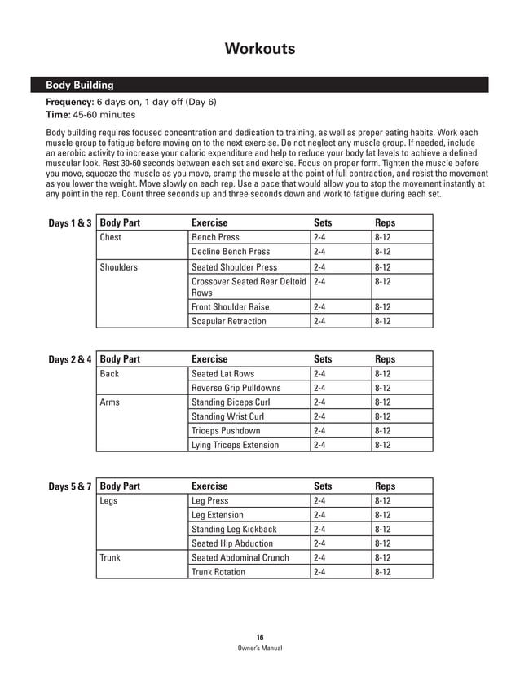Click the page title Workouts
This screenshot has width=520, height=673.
[x=259, y=50]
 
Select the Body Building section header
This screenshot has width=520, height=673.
[x=79, y=85]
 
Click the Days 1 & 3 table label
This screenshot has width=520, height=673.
[x=70, y=222]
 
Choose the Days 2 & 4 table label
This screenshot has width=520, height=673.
[x=70, y=358]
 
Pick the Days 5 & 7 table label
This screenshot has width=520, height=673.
[x=70, y=486]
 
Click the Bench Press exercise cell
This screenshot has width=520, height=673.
[x=215, y=237]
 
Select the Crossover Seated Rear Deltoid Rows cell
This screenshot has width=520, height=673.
[x=249, y=286]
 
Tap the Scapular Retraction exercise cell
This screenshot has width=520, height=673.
[x=228, y=321]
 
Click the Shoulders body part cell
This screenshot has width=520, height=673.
[x=119, y=267]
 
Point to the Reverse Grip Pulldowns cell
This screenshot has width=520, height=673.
[x=236, y=388]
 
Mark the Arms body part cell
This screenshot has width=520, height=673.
[x=110, y=402]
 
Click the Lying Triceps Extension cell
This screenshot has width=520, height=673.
[x=235, y=445]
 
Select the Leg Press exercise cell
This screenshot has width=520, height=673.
[x=209, y=501]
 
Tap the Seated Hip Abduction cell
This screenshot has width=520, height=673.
[x=231, y=543]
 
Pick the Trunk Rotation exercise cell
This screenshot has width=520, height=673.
[x=218, y=572]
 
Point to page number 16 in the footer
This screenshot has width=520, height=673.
[x=259, y=637]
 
